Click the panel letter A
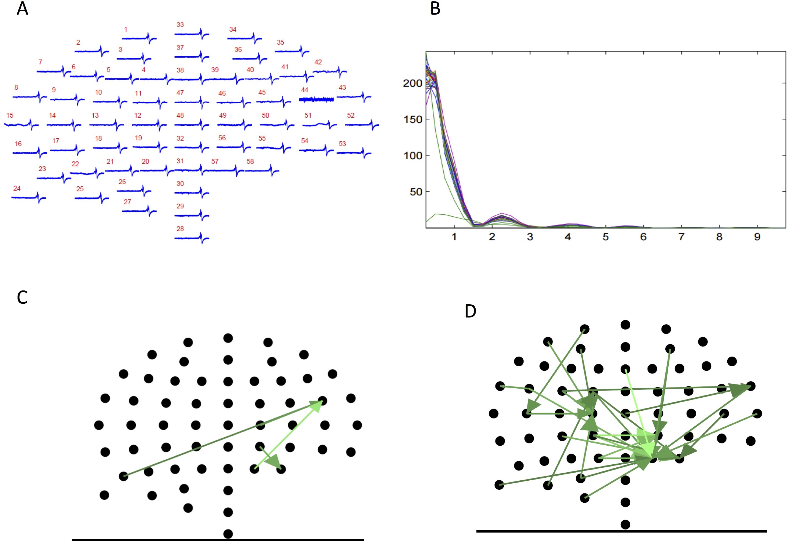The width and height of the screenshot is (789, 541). click(22, 9)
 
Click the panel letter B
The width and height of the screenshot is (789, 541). click(435, 9)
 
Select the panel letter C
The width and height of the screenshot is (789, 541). click(22, 297)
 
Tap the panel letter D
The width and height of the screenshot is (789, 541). click(470, 311)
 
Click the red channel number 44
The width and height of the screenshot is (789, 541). click(305, 90)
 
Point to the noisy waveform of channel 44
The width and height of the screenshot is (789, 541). click(316, 99)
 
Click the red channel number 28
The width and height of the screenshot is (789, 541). click(180, 229)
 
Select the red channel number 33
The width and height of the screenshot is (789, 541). click(180, 25)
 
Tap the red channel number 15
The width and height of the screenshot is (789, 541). click(10, 115)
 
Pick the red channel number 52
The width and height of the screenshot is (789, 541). click(351, 115)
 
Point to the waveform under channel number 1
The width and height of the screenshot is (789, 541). click(139, 38)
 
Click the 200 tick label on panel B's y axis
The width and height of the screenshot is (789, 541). click(413, 83)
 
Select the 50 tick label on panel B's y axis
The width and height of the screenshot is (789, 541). click(416, 192)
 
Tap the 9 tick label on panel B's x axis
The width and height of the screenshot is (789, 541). click(757, 237)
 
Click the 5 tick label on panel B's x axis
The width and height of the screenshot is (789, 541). click(606, 237)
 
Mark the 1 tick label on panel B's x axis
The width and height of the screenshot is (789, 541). click(454, 237)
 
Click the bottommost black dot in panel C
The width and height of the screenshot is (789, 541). click(228, 534)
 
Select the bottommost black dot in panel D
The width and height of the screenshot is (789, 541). click(625, 524)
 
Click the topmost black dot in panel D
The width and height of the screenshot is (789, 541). click(625, 325)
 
